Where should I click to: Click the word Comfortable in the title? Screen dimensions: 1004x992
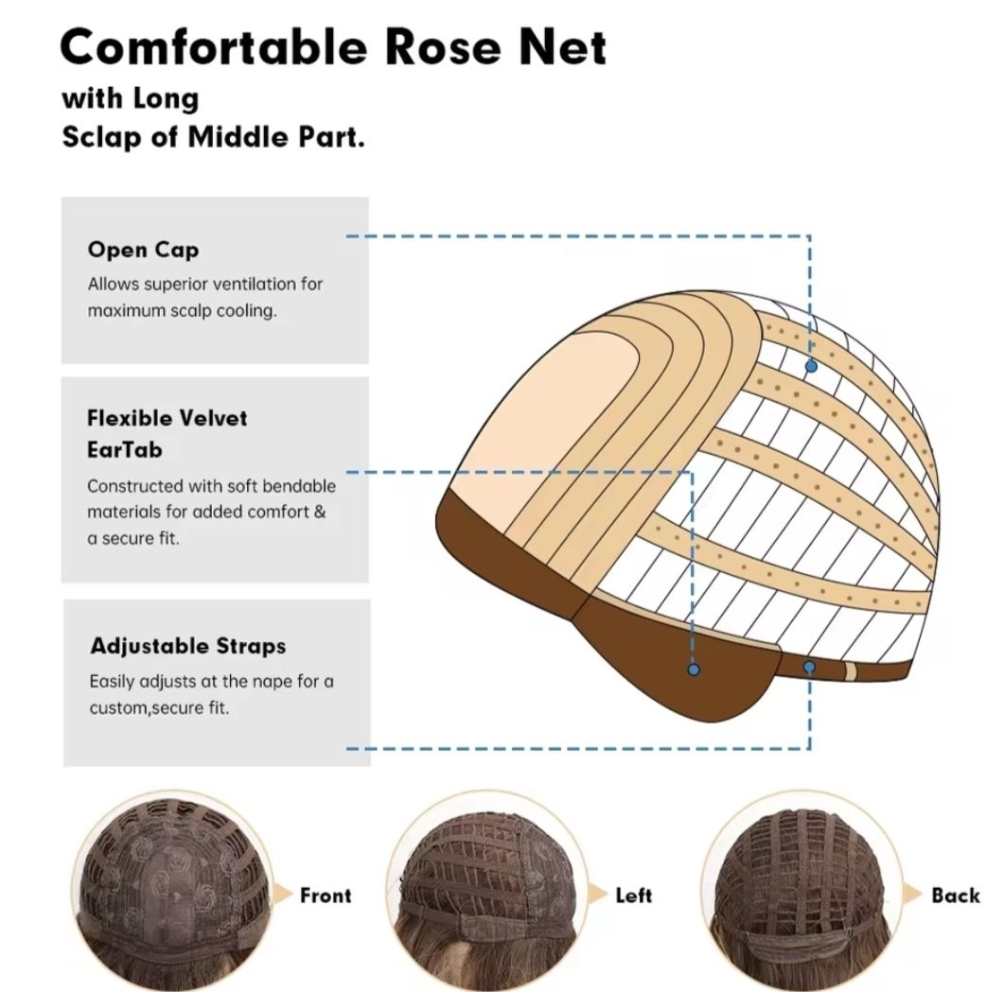coord(214,46)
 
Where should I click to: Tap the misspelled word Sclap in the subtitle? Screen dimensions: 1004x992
coord(102,137)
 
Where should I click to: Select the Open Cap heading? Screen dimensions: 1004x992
coord(144,250)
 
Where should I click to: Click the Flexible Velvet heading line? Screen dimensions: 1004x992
coord(167,418)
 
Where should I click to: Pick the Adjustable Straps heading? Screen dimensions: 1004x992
coord(188,646)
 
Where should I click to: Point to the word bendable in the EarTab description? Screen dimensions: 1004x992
coord(299,486)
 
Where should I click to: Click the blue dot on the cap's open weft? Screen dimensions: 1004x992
coord(811,367)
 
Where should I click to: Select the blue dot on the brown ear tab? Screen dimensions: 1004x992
coord(694,670)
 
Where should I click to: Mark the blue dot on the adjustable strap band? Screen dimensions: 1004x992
coord(809,668)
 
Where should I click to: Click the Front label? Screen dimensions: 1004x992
coord(326,895)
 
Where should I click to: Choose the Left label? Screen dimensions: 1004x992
coord(633,895)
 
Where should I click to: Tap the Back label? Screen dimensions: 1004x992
coord(956,895)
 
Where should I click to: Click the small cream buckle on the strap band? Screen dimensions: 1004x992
coord(851,671)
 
